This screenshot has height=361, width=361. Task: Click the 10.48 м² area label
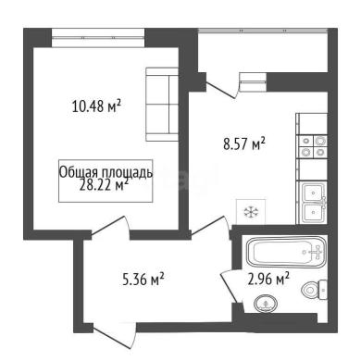tap(96, 106)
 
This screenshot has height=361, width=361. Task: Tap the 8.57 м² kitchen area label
tap(244, 143)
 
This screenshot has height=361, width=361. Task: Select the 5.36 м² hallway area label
tap(143, 280)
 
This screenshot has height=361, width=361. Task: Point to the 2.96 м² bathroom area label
tap(268, 279)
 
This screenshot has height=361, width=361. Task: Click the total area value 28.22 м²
tap(104, 186)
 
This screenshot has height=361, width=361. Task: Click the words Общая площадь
tap(106, 172)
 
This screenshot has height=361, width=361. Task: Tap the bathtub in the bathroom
tap(286, 252)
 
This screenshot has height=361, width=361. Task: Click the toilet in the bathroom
tap(314, 290)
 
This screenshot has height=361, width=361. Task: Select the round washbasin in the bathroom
tap(266, 304)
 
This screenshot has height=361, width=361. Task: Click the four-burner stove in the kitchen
tap(312, 146)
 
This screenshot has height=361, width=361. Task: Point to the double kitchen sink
tap(312, 202)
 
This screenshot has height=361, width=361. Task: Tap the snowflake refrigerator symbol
tap(251, 212)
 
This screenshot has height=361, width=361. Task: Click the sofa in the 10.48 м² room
tap(162, 105)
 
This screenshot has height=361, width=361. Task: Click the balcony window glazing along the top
tap(263, 31)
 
